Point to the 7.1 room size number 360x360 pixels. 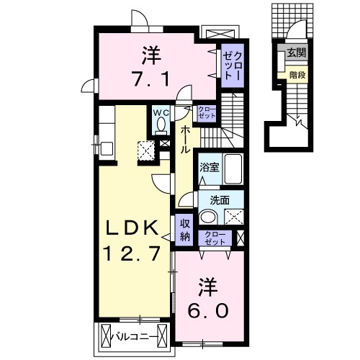tap(151, 78)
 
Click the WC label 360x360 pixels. tap(160, 113)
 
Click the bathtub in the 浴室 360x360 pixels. tap(232, 170)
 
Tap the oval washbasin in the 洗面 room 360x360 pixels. tap(209, 217)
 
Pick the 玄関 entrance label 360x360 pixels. tap(296, 53)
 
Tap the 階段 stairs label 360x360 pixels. tap(297, 73)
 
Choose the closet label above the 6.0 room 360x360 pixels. tap(215, 238)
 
